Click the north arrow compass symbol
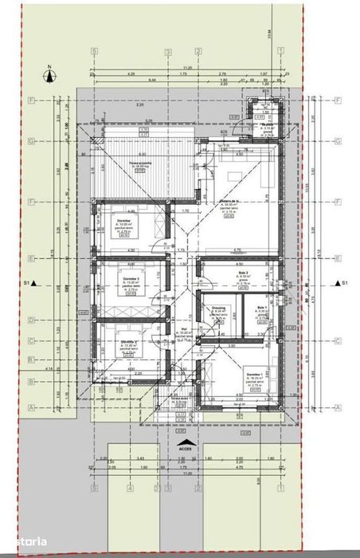(49, 77)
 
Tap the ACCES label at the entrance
(186, 449)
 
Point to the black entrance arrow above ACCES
(186, 441)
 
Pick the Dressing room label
(218, 310)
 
